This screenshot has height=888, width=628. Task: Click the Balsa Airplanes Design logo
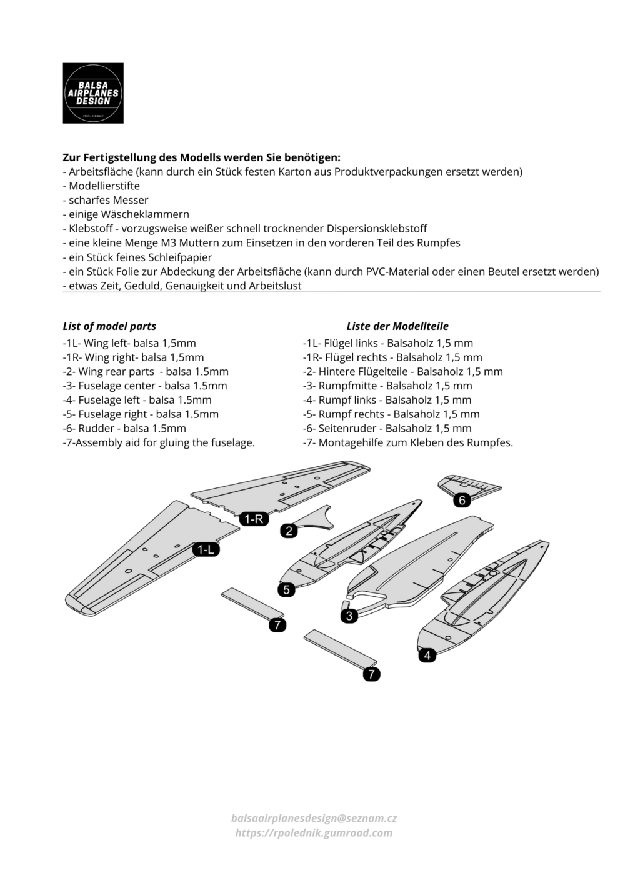(93, 93)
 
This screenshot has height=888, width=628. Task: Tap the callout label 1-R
(254, 518)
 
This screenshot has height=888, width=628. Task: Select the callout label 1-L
(206, 549)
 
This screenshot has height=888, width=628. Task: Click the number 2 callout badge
(289, 531)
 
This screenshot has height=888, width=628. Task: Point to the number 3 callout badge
(349, 616)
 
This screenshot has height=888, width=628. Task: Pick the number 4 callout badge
(427, 655)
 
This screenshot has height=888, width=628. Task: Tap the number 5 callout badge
(286, 589)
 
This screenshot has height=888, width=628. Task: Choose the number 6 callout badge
(462, 500)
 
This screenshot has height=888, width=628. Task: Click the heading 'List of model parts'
(109, 326)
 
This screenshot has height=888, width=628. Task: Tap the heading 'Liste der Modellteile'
(397, 326)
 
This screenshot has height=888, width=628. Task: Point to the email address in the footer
(314, 818)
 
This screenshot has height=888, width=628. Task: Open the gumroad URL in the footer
(314, 832)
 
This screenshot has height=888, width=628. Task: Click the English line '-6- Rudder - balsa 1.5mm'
(125, 429)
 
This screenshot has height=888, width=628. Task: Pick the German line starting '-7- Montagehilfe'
(407, 443)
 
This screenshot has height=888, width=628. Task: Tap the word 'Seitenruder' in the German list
(347, 429)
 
